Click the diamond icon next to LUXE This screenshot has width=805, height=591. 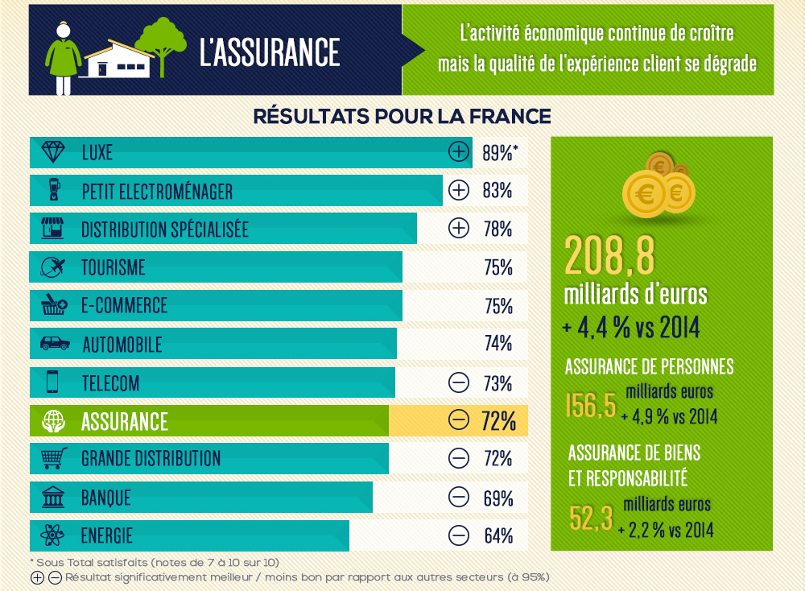coord(52,152)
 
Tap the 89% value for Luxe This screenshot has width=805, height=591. coord(498,152)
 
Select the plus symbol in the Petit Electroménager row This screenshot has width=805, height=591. coord(458,191)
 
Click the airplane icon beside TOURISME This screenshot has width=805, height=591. coord(52,267)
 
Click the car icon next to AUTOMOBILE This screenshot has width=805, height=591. coord(54,344)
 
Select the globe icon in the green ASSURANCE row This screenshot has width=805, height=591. coord(53,420)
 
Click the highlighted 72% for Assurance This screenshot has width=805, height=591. coord(499,420)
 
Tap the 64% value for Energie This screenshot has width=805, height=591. coord(498,535)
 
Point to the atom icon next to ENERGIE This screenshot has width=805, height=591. coord(53,535)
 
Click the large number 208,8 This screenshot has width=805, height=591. coord(610,253)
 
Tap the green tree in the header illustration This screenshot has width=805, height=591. coord(162,42)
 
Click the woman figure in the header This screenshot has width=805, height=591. coord(64,52)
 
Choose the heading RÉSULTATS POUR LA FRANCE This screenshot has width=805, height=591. coord(402,116)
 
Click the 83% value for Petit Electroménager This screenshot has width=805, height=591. coord(498,191)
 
